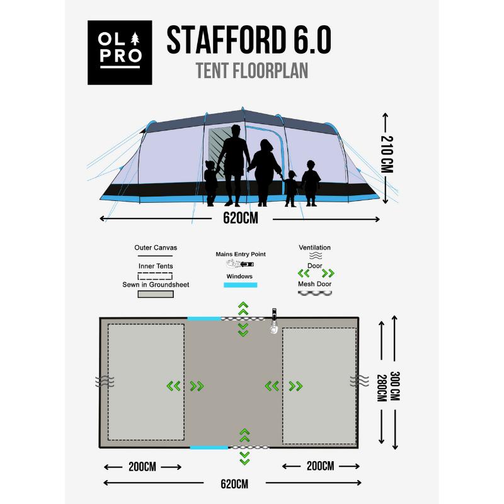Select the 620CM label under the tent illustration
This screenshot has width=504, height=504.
(x=240, y=219)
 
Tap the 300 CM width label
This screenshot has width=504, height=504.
(x=395, y=383)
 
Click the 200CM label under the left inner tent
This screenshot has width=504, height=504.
(x=142, y=467)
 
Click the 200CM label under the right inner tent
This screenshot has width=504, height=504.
(x=320, y=467)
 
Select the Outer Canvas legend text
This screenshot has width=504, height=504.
(x=156, y=248)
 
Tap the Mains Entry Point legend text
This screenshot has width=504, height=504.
(x=241, y=254)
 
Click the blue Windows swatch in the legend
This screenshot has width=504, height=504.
(x=241, y=285)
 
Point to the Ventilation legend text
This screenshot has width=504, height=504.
(x=315, y=248)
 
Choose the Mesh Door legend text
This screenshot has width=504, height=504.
(x=315, y=284)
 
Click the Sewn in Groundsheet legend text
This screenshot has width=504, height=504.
(x=156, y=285)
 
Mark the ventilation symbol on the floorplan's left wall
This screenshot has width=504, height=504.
(x=102, y=382)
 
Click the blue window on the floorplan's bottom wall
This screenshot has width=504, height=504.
(x=209, y=447)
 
